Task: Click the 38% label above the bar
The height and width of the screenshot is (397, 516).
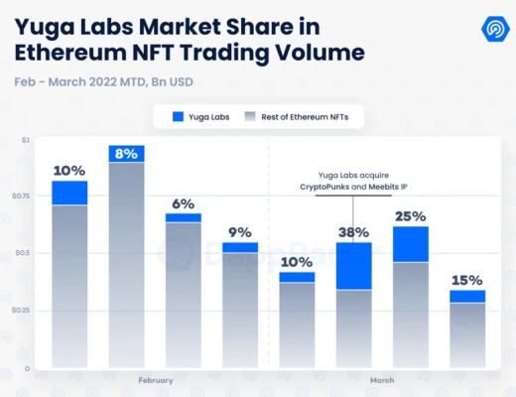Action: click(x=353, y=232)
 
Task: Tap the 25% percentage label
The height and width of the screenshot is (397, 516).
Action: click(x=410, y=215)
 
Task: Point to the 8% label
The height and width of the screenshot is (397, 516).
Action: click(x=126, y=153)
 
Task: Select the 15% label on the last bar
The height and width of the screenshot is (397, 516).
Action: click(x=467, y=280)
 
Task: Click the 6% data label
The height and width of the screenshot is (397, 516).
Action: click(x=184, y=203)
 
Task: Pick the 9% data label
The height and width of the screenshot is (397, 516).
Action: click(x=240, y=232)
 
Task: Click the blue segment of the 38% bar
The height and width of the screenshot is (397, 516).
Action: click(x=353, y=266)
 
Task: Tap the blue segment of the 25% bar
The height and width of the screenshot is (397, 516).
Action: click(x=410, y=244)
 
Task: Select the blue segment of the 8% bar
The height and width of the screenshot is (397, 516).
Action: click(x=126, y=154)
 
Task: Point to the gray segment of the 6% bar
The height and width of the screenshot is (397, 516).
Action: click(x=184, y=294)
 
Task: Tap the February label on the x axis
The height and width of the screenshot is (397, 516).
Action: click(x=155, y=380)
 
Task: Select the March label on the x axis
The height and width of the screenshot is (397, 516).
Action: click(x=382, y=380)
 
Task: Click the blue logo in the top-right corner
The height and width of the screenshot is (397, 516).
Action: click(x=490, y=27)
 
